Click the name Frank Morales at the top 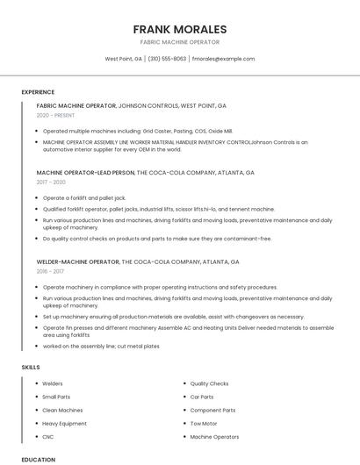[180, 29]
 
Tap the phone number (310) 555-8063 [167, 59]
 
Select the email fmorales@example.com [223, 59]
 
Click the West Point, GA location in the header [123, 59]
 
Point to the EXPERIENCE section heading [38, 92]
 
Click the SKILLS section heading [31, 367]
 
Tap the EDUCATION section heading [38, 459]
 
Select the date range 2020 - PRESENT [55, 115]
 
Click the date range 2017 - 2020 [51, 182]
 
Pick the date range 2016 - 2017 [50, 272]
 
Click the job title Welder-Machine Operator [78, 261]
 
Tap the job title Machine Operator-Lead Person [86, 172]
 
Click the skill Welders [53, 383]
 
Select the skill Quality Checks [209, 383]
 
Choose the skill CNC [48, 436]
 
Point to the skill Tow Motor [204, 423]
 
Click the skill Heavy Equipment [64, 423]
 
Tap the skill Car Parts [202, 397]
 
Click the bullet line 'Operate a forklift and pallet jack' [84, 198]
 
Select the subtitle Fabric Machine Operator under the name [180, 42]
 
